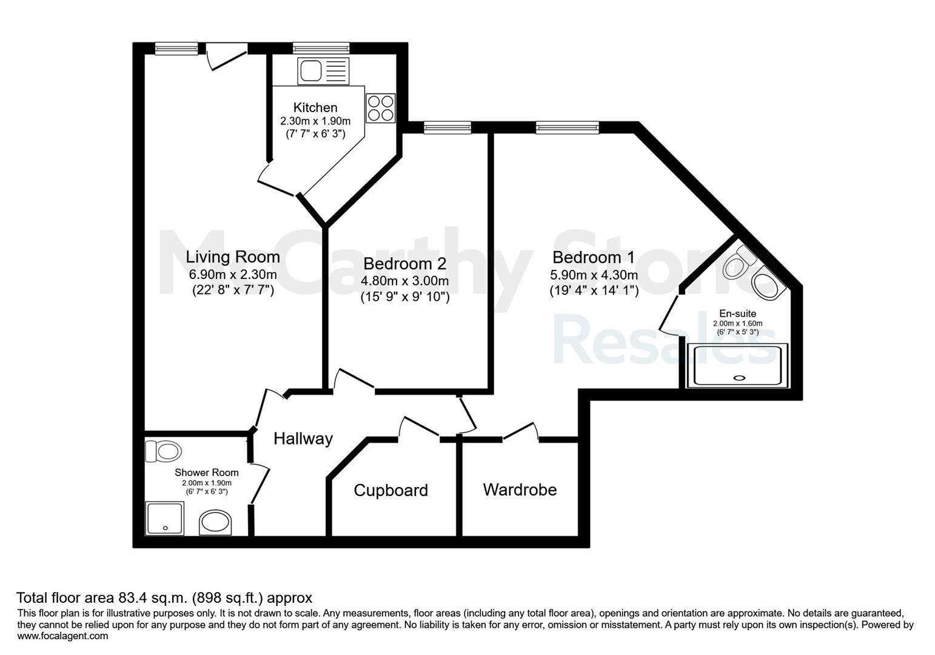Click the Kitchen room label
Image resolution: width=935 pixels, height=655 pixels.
coord(315,108)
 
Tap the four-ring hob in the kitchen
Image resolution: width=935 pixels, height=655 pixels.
coord(380,108)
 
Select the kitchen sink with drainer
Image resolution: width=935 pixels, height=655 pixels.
coord(323,71)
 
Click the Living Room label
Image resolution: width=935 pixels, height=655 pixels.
coord(232,257)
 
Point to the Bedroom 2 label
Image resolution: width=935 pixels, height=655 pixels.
coord(405,263)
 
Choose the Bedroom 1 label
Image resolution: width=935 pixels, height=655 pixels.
coord(594,257)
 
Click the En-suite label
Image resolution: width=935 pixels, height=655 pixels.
coord(737,313)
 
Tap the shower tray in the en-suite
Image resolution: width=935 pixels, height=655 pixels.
coord(737,365)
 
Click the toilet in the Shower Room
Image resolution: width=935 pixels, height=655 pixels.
coord(163,451)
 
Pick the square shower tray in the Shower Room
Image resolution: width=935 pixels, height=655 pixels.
coord(164,519)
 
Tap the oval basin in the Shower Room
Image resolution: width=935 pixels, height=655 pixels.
coord(215,522)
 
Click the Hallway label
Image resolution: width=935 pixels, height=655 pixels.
coord(303,438)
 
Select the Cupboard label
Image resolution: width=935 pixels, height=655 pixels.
coord(390,490)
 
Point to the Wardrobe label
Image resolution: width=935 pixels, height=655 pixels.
coord(520,489)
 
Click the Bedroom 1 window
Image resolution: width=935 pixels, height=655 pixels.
coord(568,127)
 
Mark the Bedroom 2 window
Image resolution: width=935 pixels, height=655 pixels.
coord(447,127)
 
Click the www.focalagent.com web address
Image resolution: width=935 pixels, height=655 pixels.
coord(62,636)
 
